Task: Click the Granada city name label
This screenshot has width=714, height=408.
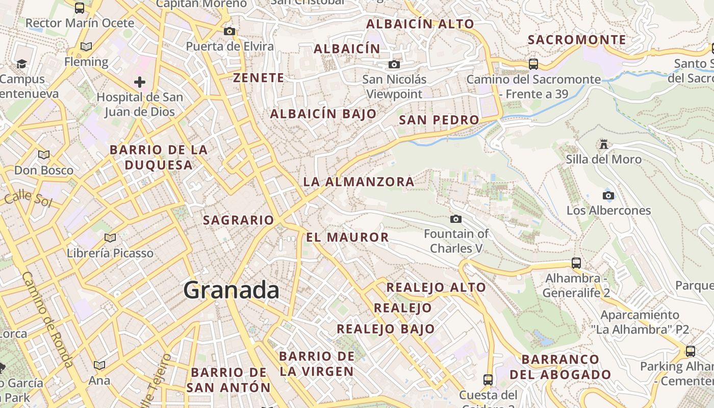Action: point(231,290)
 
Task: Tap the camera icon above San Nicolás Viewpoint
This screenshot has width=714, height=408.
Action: point(394,64)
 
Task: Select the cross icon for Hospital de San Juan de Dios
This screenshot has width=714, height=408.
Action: point(139,82)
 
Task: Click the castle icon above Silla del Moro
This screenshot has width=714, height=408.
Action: point(604,144)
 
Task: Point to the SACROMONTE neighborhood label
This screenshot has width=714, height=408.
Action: point(577,40)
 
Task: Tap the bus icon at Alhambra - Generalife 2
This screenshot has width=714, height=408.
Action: point(576,263)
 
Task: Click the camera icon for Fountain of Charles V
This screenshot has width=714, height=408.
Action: point(456,219)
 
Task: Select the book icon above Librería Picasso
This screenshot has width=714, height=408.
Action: point(110,238)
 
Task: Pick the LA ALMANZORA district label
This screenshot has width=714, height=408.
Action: point(359,182)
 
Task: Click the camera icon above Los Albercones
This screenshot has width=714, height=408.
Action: point(608,195)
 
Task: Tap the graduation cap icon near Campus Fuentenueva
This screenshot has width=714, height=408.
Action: point(21,64)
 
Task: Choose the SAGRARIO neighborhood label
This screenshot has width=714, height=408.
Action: point(238,220)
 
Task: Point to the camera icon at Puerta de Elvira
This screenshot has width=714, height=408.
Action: point(229,32)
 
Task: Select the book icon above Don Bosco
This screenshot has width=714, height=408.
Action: point(44,155)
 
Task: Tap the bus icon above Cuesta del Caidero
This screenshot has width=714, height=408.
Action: point(488,379)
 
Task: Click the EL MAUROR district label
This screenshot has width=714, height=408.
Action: point(347,237)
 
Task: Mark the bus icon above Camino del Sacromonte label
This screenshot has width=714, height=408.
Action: point(533,64)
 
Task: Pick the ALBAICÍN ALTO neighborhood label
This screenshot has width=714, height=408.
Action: point(420,24)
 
